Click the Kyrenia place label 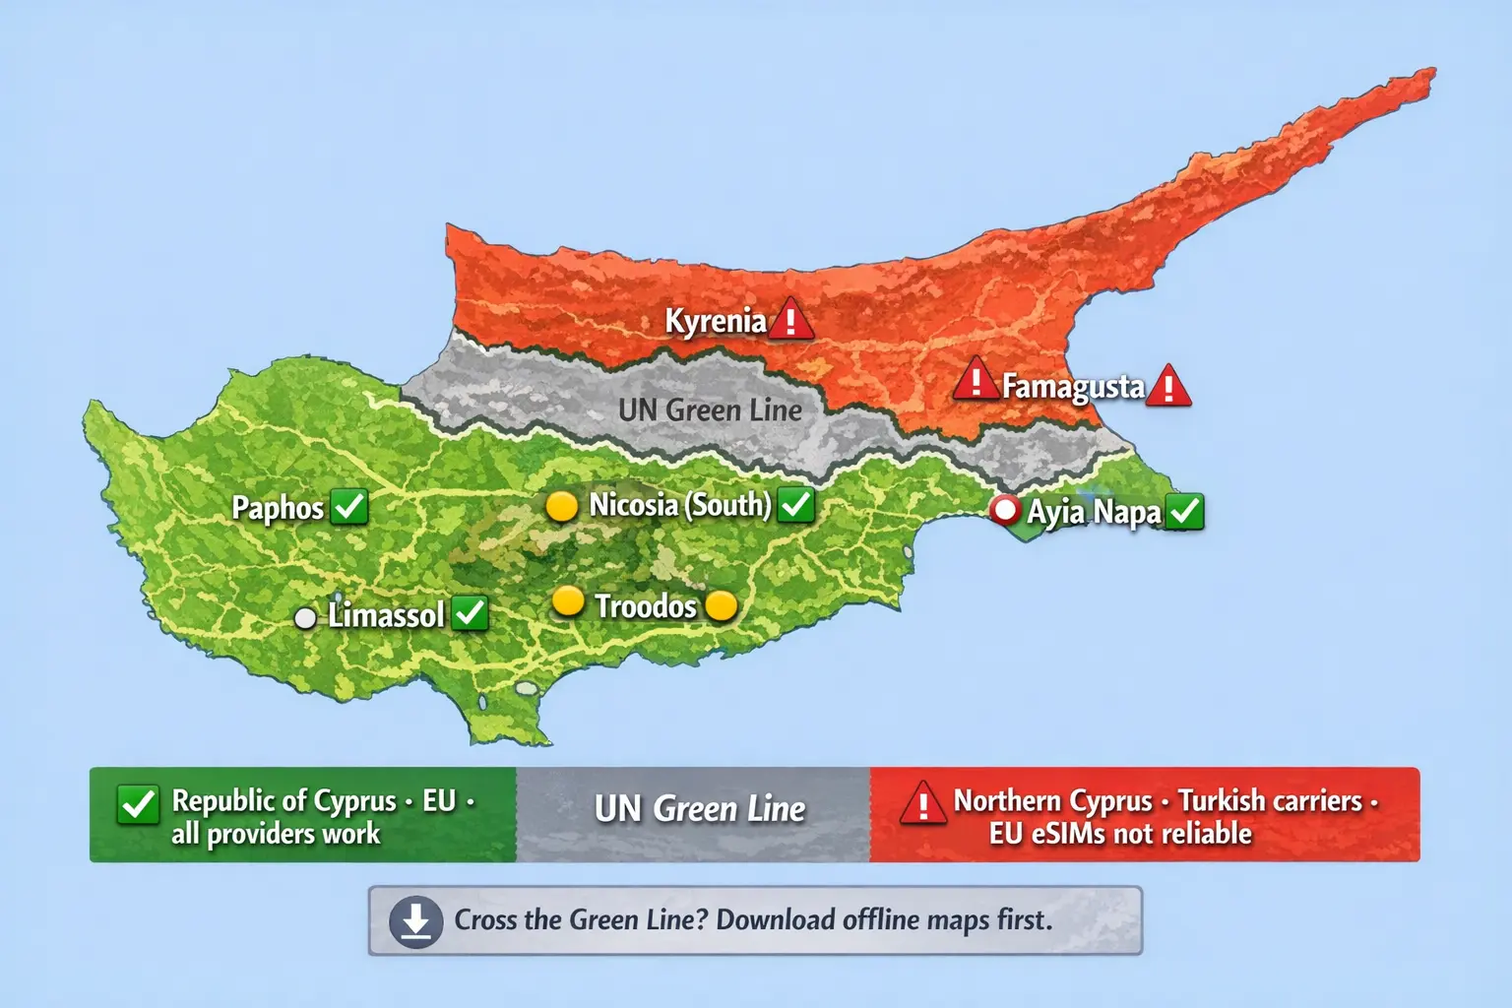[x=715, y=321]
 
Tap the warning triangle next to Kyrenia [x=789, y=320]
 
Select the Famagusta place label [x=1073, y=386]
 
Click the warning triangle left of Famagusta [x=976, y=380]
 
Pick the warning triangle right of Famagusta [x=1168, y=386]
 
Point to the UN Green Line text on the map [x=710, y=409]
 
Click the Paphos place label [x=278, y=508]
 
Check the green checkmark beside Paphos [x=349, y=506]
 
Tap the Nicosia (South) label [x=680, y=505]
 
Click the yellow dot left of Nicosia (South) [x=561, y=506]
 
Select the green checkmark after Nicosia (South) [x=795, y=505]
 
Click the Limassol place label [x=386, y=615]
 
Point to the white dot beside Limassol [x=306, y=617]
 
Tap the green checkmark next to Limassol [x=471, y=613]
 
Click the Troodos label [x=646, y=605]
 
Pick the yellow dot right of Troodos [x=722, y=605]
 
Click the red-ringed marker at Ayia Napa [x=1005, y=510]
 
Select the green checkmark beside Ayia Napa [x=1185, y=512]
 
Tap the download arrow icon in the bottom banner [x=415, y=921]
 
